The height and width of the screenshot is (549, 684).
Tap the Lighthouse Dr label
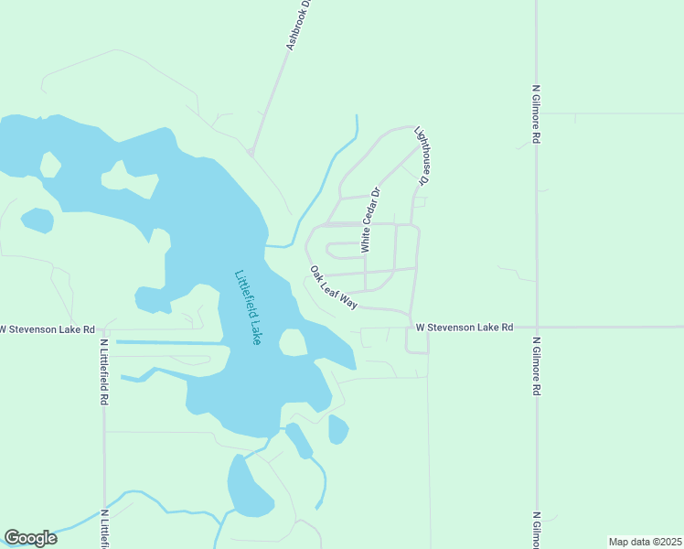[422, 156]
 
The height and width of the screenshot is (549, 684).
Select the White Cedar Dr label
[370, 221]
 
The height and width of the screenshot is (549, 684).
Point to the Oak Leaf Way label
[333, 287]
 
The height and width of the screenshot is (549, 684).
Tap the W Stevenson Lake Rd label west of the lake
[48, 328]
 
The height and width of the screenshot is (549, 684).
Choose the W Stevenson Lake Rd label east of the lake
[464, 327]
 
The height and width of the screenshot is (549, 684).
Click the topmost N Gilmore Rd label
[536, 115]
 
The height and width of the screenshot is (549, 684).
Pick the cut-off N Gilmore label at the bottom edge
[536, 528]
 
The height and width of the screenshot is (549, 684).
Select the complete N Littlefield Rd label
[105, 372]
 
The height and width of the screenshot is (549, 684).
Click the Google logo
[30, 538]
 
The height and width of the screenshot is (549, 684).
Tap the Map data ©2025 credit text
[645, 542]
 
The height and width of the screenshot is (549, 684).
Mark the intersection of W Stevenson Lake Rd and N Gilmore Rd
[536, 327]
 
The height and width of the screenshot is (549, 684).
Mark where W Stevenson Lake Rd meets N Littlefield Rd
[104, 328]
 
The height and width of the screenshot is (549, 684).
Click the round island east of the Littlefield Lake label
[293, 342]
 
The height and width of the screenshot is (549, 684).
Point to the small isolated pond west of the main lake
[37, 221]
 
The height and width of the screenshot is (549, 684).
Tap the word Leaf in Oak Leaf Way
[332, 286]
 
